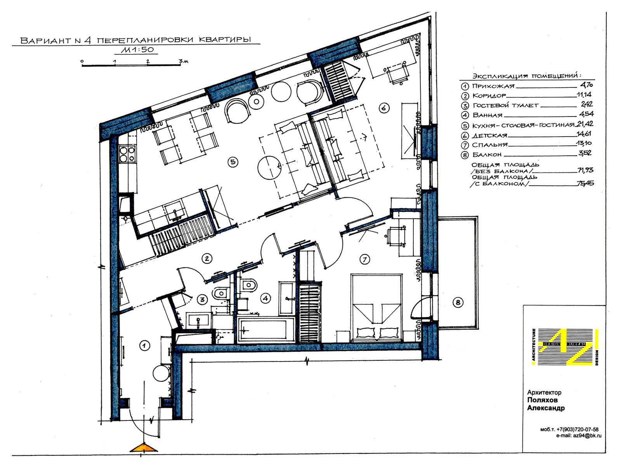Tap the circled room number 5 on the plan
coord(233,162)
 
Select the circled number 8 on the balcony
coord(458,303)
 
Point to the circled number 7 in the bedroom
coord(365,259)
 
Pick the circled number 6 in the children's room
coord(384,108)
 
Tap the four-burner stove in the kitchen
coord(127,154)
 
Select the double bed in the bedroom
coord(376,308)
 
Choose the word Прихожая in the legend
coord(493,86)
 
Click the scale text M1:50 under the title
coord(137,50)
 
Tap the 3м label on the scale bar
coord(183,61)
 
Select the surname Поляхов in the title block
coord(542,400)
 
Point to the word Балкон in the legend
coord(487,155)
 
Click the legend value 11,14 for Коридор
coord(584,94)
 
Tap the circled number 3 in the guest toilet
coord(202,300)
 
